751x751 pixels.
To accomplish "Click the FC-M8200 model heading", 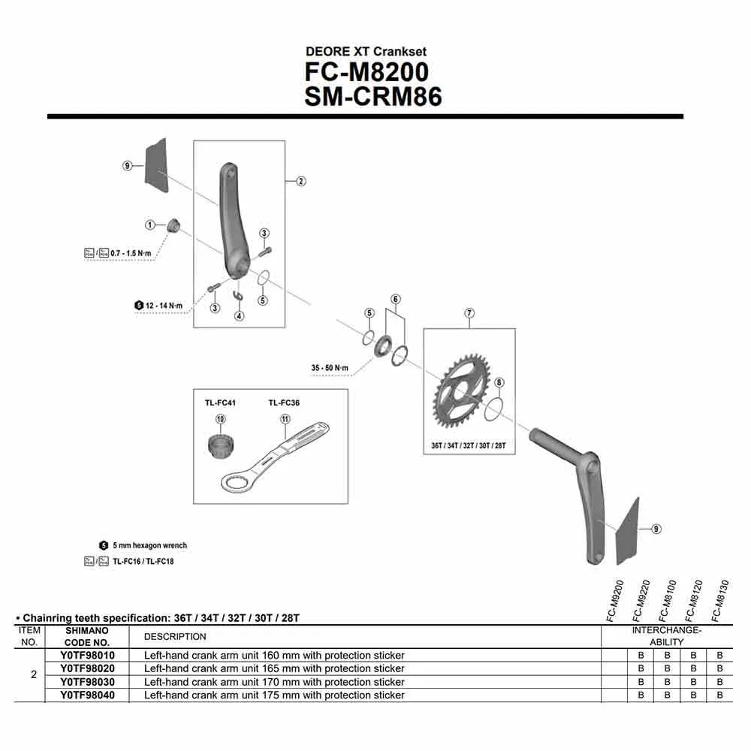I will (366, 72).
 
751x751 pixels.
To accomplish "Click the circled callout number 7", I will (469, 312).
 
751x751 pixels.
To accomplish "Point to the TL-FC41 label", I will (220, 403).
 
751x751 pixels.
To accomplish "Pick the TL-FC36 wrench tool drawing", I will (274, 458).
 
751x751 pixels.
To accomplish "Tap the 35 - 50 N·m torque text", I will (330, 367).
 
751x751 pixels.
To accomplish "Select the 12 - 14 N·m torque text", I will (163, 306).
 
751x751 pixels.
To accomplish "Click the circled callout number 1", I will (150, 225).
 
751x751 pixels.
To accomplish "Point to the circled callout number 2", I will (300, 181).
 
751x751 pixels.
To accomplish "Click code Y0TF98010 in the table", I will (87, 656).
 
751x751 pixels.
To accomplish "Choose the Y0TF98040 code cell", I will (87, 695).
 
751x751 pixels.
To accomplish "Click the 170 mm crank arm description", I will (274, 682).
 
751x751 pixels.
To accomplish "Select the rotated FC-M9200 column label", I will (615, 601).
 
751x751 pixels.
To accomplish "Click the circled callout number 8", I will (499, 383).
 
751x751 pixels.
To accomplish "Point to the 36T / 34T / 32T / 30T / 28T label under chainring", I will (469, 445).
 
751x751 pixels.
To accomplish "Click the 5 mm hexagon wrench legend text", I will (149, 545).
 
